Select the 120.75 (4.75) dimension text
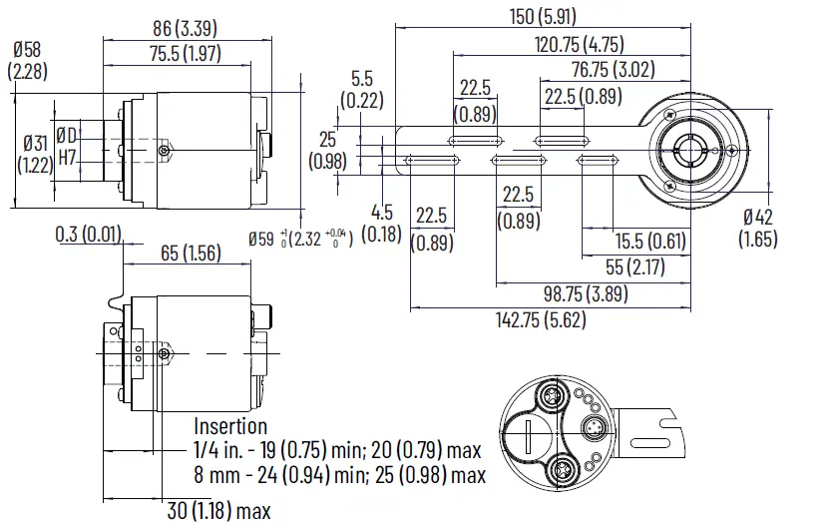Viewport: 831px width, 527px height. [x=579, y=44]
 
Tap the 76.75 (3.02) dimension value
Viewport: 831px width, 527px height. [x=614, y=70]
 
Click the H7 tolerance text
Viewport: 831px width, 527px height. [x=68, y=157]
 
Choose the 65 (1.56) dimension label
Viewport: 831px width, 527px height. [x=191, y=254]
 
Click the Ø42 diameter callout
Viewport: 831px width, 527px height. [x=758, y=229]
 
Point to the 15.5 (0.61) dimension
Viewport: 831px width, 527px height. [x=649, y=241]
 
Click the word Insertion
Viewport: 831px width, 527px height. [x=229, y=426]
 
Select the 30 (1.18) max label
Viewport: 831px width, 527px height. [x=218, y=512]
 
